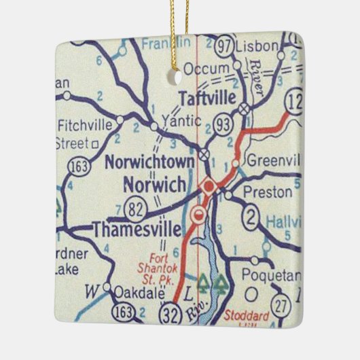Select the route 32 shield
point(169,313)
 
